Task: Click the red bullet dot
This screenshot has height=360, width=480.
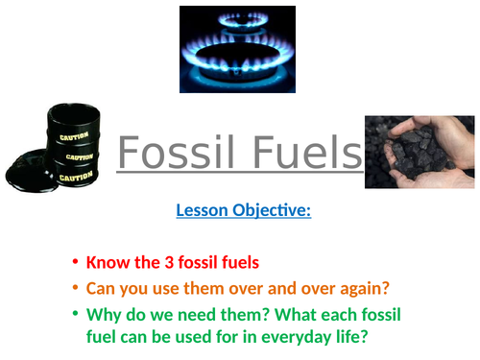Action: pyautogui.click(x=75, y=262)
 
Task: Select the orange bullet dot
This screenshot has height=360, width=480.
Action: pyautogui.click(x=75, y=287)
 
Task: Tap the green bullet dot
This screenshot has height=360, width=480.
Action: pyautogui.click(x=75, y=312)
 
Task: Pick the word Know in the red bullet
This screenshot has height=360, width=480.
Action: pyautogui.click(x=104, y=261)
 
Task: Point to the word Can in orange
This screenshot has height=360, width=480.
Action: pyautogui.click(x=100, y=286)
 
